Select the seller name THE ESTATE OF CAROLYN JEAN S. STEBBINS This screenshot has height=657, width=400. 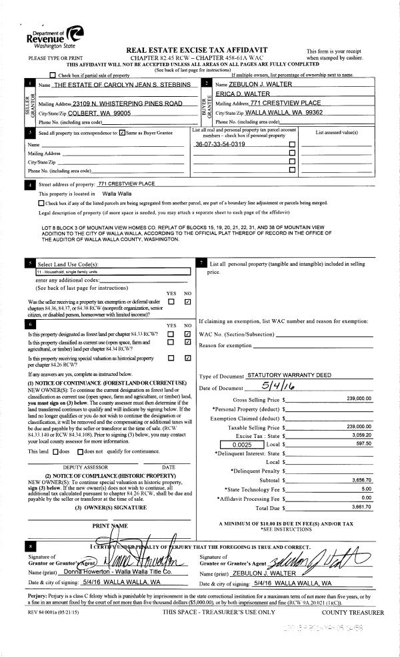point(122,85)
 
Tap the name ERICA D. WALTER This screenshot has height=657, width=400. point(247,94)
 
